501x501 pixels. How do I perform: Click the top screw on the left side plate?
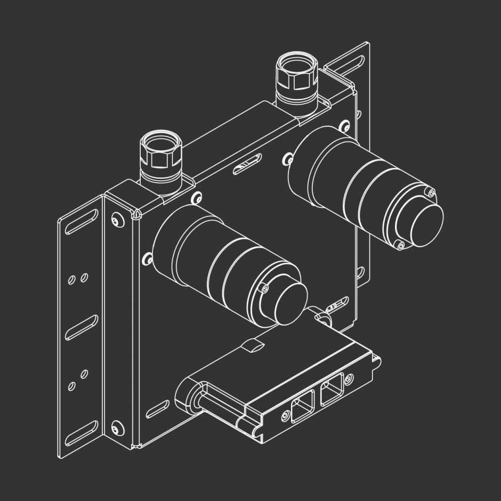tap(116, 221)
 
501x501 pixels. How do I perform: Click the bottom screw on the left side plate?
tap(116, 428)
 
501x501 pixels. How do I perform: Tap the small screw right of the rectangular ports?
tap(349, 379)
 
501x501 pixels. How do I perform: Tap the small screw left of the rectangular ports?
tap(284, 417)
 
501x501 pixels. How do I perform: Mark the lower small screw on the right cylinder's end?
tap(401, 245)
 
